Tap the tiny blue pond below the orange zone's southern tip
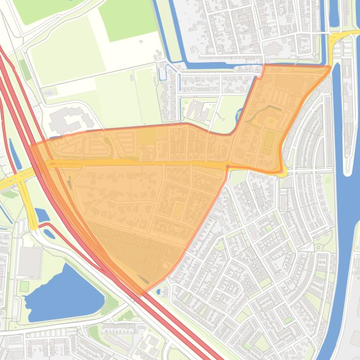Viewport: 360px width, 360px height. pos(159,292)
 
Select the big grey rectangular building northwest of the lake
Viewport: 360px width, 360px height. pos(29,262)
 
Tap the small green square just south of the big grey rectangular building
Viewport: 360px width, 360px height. pos(24,286)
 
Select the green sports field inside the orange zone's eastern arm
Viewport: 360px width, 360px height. pos(269,139)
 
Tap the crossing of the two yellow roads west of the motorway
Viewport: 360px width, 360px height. pos(20,178)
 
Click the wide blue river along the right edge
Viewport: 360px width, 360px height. pos(346,262)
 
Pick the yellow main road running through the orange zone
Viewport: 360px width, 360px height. pos(140,162)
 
